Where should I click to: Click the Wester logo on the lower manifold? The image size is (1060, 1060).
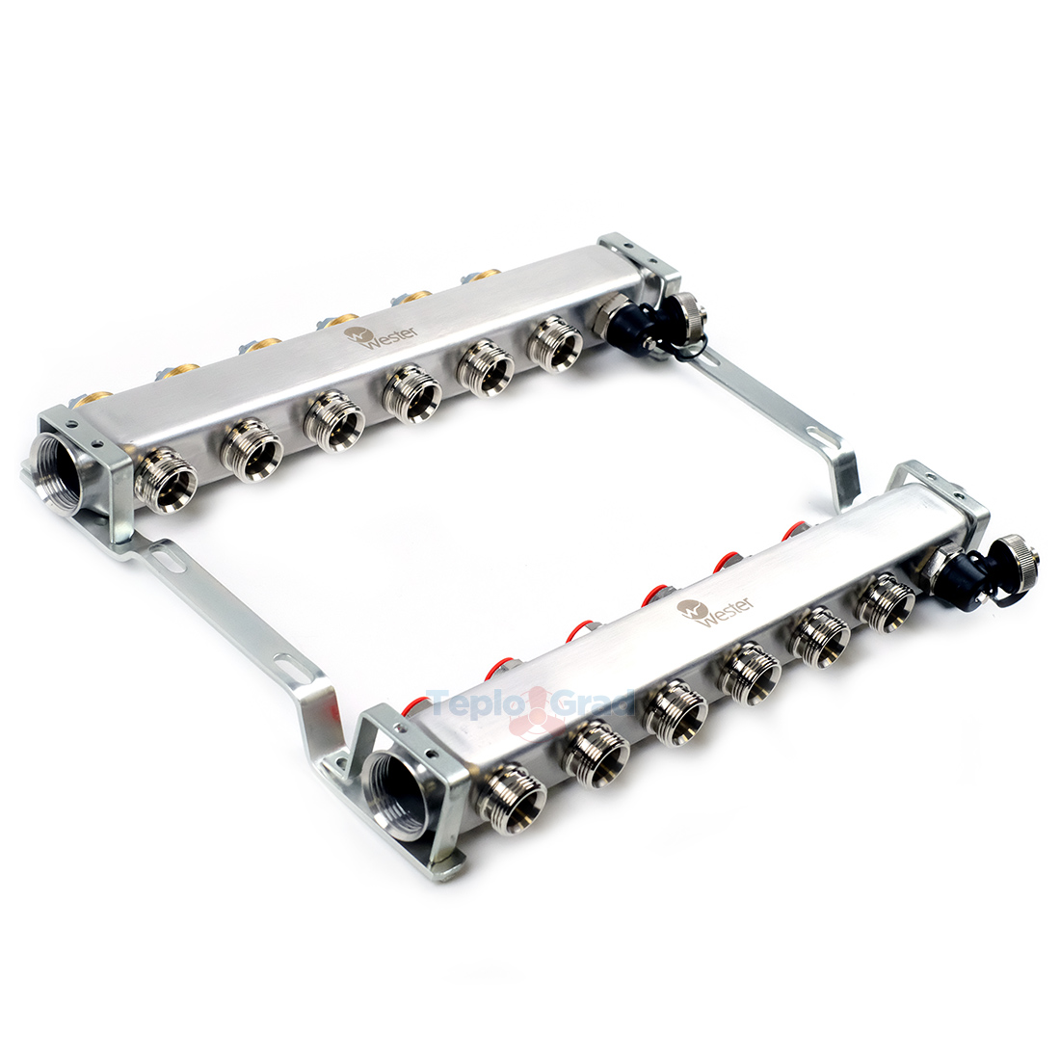pyautogui.click(x=716, y=609)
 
